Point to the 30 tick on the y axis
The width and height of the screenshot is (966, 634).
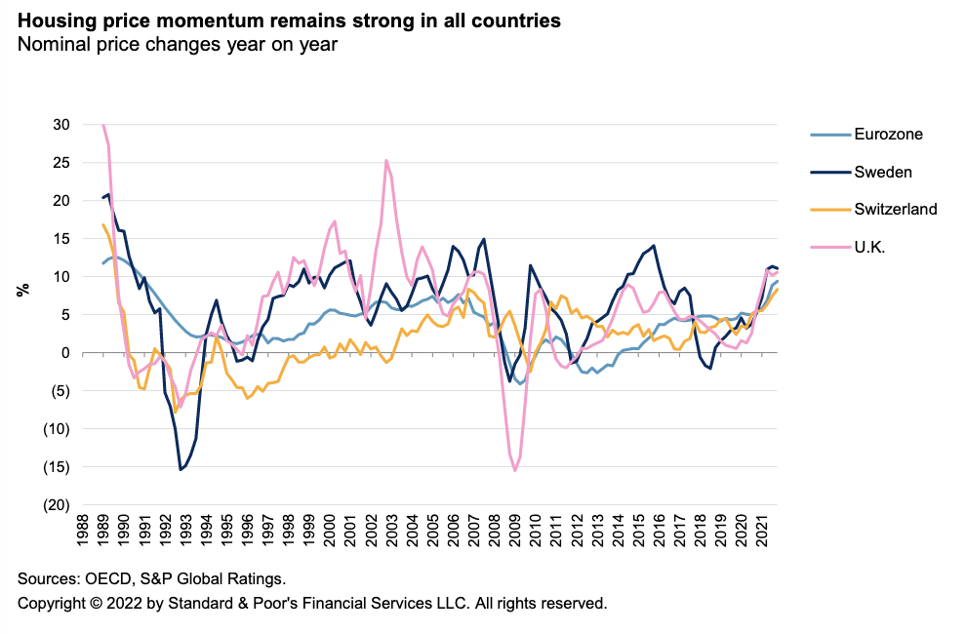pyautogui.click(x=61, y=125)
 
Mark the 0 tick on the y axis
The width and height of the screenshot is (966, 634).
pyautogui.click(x=65, y=353)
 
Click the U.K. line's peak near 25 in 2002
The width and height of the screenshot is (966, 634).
pyautogui.click(x=386, y=161)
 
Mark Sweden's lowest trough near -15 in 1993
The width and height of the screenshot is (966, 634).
pyautogui.click(x=181, y=469)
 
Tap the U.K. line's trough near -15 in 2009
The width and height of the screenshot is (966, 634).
pyautogui.click(x=515, y=470)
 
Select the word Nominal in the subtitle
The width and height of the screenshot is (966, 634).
pyautogui.click(x=51, y=44)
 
